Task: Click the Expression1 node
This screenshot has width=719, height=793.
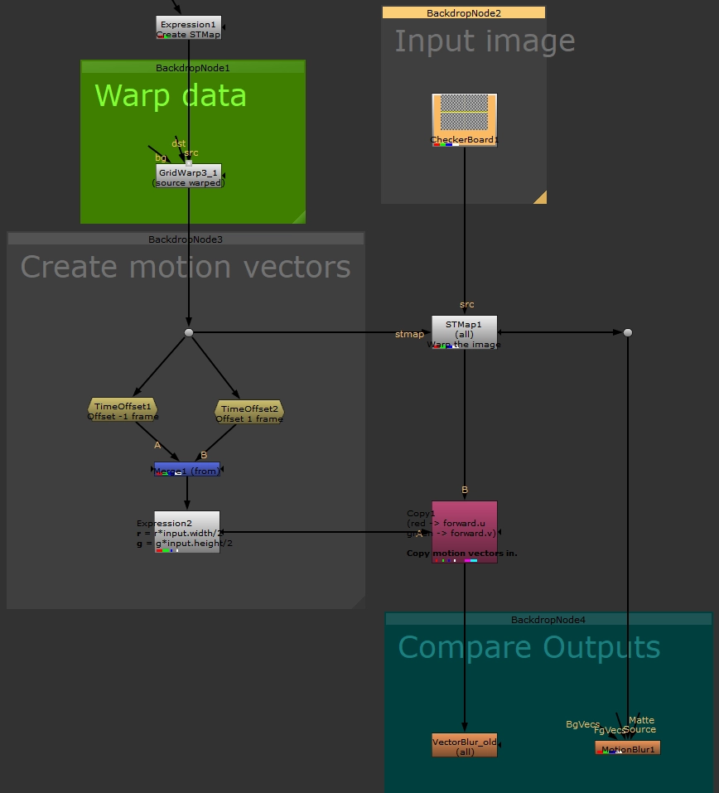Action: [x=188, y=27]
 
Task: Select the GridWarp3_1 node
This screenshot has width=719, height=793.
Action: [x=188, y=175]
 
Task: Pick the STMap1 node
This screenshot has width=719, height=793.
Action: [x=464, y=331]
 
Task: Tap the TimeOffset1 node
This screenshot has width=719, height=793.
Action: [x=123, y=409]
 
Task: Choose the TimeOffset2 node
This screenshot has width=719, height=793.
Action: [x=249, y=411]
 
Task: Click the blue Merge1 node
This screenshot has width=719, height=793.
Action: [x=186, y=469]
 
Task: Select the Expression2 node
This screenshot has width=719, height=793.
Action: [x=186, y=531]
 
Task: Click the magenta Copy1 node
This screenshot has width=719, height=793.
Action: [x=464, y=531]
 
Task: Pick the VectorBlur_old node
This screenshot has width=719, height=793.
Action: [x=464, y=744]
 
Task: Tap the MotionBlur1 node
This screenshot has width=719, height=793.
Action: [x=627, y=748]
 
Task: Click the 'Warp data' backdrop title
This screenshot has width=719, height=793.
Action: [x=170, y=96]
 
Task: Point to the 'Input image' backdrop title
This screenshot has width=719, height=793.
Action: [x=484, y=41]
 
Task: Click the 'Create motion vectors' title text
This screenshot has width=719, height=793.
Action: [x=185, y=267]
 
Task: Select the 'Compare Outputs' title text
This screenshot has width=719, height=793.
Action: [x=528, y=647]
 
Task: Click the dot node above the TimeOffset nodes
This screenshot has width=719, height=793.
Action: [x=189, y=332]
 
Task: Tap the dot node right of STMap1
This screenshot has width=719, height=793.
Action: [x=628, y=332]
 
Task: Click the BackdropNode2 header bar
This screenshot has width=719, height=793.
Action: [x=463, y=12]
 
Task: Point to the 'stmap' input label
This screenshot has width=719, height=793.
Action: [x=409, y=335]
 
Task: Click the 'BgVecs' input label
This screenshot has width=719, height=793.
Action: [x=582, y=725]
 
